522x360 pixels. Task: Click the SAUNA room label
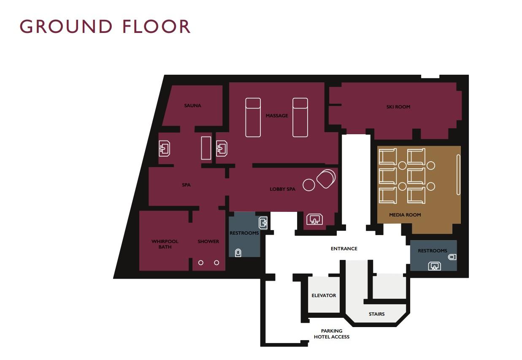coord(192,106)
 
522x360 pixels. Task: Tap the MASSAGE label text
coord(276,116)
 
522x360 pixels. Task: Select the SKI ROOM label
coord(398,107)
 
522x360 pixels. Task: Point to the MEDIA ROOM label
coord(405,215)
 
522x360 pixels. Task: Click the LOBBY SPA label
coord(282,189)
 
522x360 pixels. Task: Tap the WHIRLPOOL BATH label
coord(165,244)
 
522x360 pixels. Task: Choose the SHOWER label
coord(208,241)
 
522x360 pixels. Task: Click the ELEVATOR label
coord(324,295)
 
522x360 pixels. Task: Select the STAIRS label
coord(376,314)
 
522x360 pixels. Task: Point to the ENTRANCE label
coord(344,249)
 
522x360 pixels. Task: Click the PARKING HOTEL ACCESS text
coord(332,334)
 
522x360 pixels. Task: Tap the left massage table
coord(253,117)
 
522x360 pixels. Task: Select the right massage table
coord(300,117)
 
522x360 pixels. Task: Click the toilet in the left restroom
coord(238,252)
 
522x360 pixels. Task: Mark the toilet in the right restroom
coord(452,257)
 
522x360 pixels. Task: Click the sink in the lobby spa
coord(315,219)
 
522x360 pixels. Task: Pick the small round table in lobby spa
coord(309,185)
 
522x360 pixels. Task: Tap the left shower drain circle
coord(200,263)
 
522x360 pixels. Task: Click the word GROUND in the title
coord(66,26)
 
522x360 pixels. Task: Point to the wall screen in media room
coord(458,175)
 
